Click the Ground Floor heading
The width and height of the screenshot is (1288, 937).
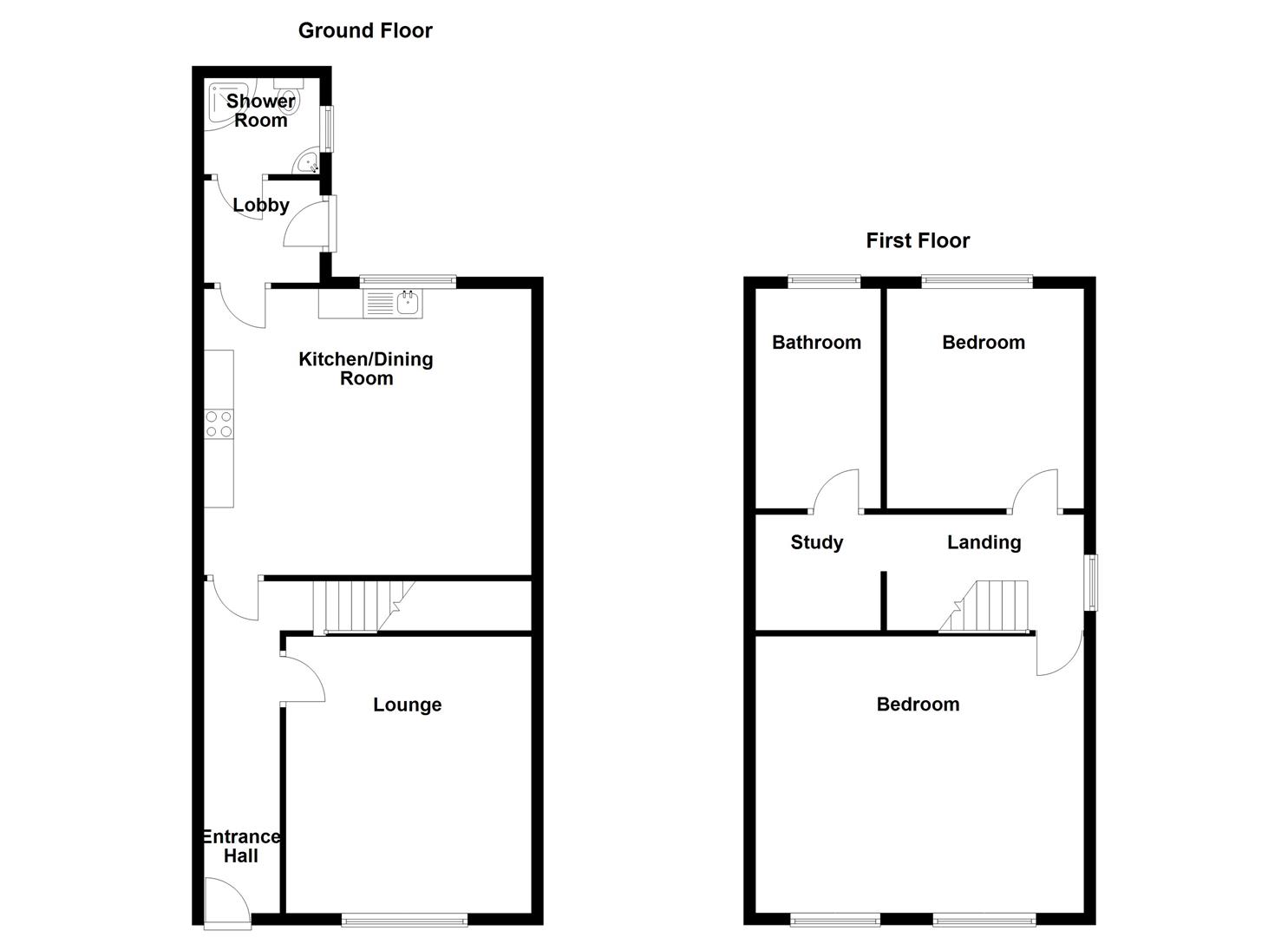[365, 30]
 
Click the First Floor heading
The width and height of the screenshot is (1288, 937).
[918, 240]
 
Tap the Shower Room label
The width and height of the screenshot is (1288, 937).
[260, 110]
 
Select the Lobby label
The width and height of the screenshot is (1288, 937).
[260, 206]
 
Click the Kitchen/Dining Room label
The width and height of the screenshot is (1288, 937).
[365, 369]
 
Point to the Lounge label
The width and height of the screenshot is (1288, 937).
[407, 704]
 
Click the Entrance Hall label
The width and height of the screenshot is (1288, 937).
[241, 846]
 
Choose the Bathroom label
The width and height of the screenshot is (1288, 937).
[816, 343]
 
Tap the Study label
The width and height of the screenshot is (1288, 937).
[816, 542]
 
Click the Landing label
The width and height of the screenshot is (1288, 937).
[984, 542]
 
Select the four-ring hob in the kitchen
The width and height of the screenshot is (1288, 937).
[219, 423]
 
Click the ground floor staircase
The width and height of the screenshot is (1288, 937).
[356, 606]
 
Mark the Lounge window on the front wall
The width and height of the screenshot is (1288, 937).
[405, 920]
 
